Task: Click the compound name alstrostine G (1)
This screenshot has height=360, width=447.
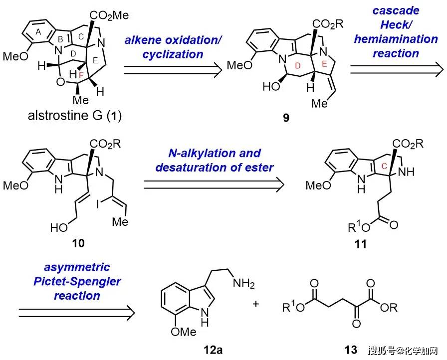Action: pyautogui.click(x=75, y=116)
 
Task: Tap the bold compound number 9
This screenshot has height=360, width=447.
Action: pyautogui.click(x=286, y=117)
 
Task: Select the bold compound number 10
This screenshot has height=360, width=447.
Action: pyautogui.click(x=78, y=243)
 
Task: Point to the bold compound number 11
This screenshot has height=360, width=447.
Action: pyautogui.click(x=361, y=244)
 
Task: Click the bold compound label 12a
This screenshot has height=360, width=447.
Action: pyautogui.click(x=213, y=350)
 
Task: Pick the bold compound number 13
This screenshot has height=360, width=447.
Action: pyautogui.click(x=351, y=350)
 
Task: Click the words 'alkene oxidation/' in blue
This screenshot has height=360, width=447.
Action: pyautogui.click(x=173, y=40)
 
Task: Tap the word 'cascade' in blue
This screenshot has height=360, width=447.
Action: pyautogui.click(x=396, y=10)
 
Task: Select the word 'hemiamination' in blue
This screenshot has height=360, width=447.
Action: pyautogui.click(x=396, y=39)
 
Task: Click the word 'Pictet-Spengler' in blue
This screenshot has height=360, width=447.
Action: pyautogui.click(x=77, y=281)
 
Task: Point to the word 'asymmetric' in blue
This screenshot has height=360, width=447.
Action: pyautogui.click(x=77, y=267)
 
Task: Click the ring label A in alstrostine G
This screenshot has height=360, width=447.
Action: pyautogui.click(x=38, y=32)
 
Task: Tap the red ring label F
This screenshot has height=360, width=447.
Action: pyautogui.click(x=81, y=75)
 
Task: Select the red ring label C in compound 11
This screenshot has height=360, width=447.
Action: pyautogui.click(x=384, y=166)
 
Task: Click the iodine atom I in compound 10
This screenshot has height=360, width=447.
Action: pyautogui.click(x=98, y=204)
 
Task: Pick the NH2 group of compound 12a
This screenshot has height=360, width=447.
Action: pyautogui.click(x=243, y=283)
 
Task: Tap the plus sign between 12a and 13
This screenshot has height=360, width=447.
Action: pyautogui.click(x=256, y=304)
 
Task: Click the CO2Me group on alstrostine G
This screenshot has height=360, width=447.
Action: pyautogui.click(x=109, y=15)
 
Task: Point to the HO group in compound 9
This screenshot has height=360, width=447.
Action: pyautogui.click(x=271, y=86)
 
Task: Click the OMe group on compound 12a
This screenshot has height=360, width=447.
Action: pyautogui.click(x=184, y=332)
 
